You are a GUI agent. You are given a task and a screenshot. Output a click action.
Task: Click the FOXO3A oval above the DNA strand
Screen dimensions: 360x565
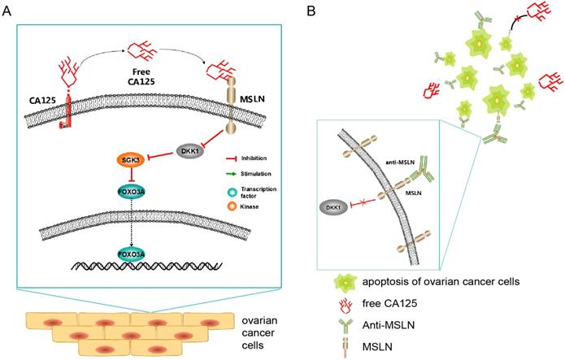(x=134, y=253)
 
